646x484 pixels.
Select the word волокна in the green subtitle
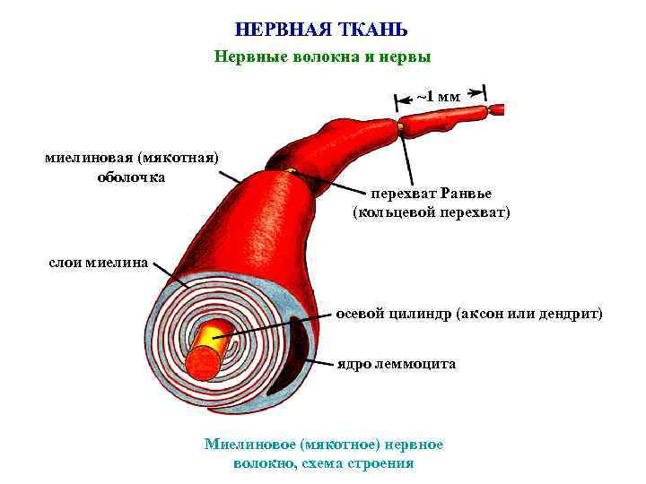(312, 56)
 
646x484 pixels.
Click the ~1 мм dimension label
(439, 96)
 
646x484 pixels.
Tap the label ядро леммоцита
(397, 364)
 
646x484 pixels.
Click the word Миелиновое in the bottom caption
(250, 444)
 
